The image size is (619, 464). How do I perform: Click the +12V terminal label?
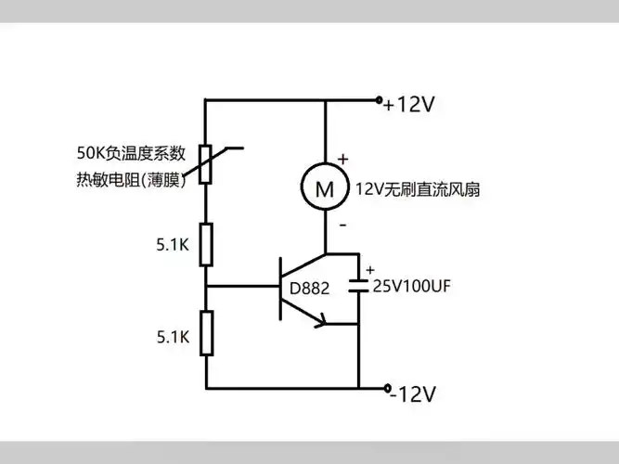409,105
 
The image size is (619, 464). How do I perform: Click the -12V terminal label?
412,394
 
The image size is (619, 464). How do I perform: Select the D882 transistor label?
309,289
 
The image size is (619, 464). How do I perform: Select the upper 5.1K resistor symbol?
206,244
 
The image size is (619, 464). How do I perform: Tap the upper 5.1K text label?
174,247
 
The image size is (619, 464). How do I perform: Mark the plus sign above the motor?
342,159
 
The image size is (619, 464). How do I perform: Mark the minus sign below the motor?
342,226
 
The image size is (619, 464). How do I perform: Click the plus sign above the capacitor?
370,270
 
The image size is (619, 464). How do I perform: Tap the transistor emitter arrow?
321,321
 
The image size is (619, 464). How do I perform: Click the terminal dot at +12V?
379,99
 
